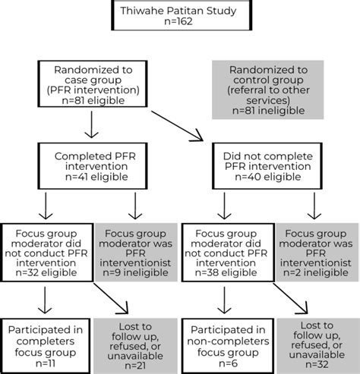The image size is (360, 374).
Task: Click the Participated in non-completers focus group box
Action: [225, 335]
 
